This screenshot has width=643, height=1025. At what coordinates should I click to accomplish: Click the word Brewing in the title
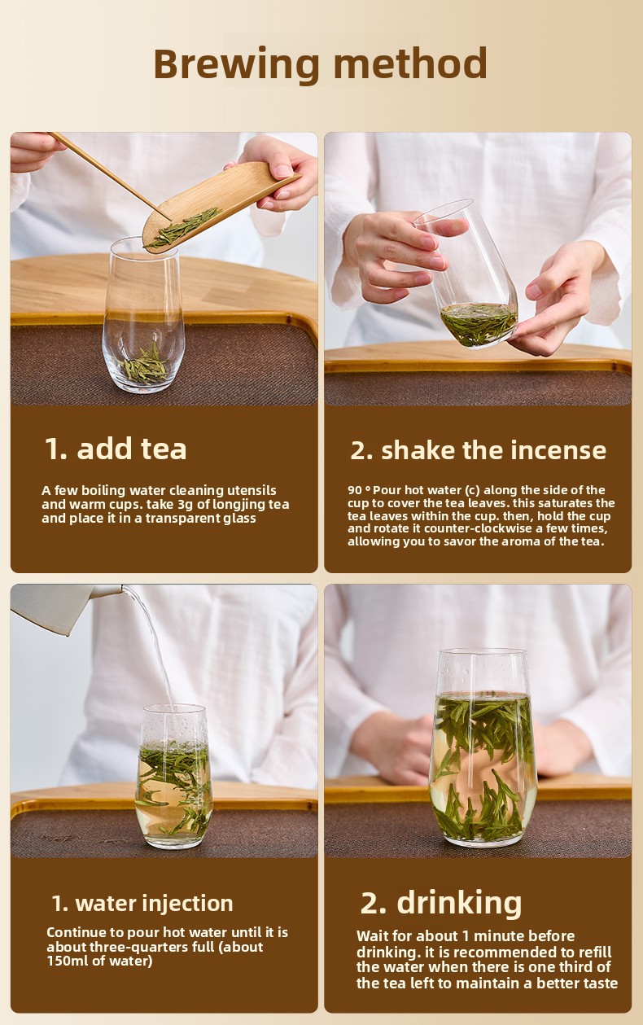[236, 65]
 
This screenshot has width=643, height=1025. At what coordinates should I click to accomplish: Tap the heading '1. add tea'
[116, 449]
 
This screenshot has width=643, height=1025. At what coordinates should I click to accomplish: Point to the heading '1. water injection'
[142, 904]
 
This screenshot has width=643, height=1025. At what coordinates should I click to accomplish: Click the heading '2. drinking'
[441, 904]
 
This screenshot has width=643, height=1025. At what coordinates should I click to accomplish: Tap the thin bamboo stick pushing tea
[110, 176]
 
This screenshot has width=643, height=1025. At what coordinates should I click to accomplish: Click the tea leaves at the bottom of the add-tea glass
[144, 364]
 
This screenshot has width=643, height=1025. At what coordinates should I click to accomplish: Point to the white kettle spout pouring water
[68, 607]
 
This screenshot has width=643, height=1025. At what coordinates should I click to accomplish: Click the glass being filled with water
[174, 777]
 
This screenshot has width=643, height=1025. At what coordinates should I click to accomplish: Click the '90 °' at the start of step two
[359, 490]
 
